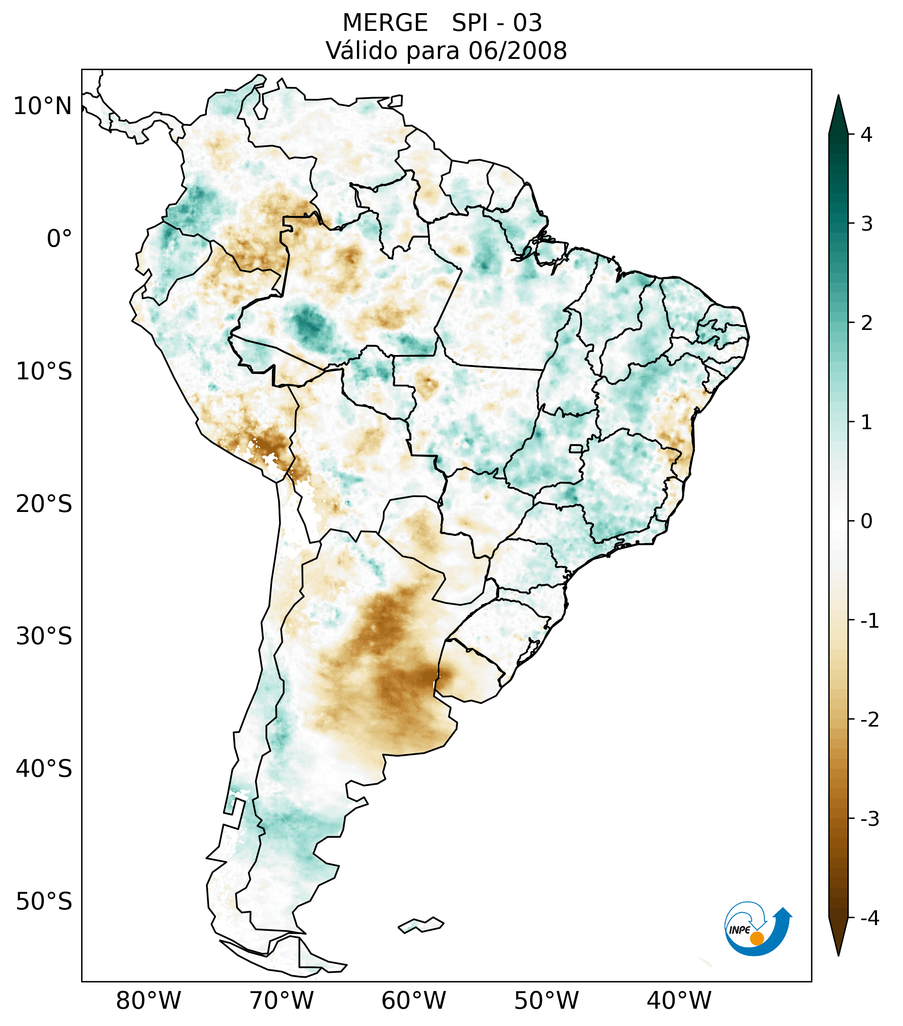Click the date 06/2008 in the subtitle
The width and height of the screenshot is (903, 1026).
517,51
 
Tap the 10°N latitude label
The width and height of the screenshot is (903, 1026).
43,106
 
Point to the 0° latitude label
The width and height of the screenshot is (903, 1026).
59,238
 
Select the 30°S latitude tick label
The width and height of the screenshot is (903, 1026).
44,636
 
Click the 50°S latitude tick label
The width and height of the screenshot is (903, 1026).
44,902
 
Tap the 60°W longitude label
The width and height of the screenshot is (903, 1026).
413,1000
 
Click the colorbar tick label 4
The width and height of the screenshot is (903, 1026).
866,135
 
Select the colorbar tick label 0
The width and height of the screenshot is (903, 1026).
866,521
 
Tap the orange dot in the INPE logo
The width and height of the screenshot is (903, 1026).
757,938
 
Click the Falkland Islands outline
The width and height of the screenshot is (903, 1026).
421,925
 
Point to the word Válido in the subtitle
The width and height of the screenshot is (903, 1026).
358,51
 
